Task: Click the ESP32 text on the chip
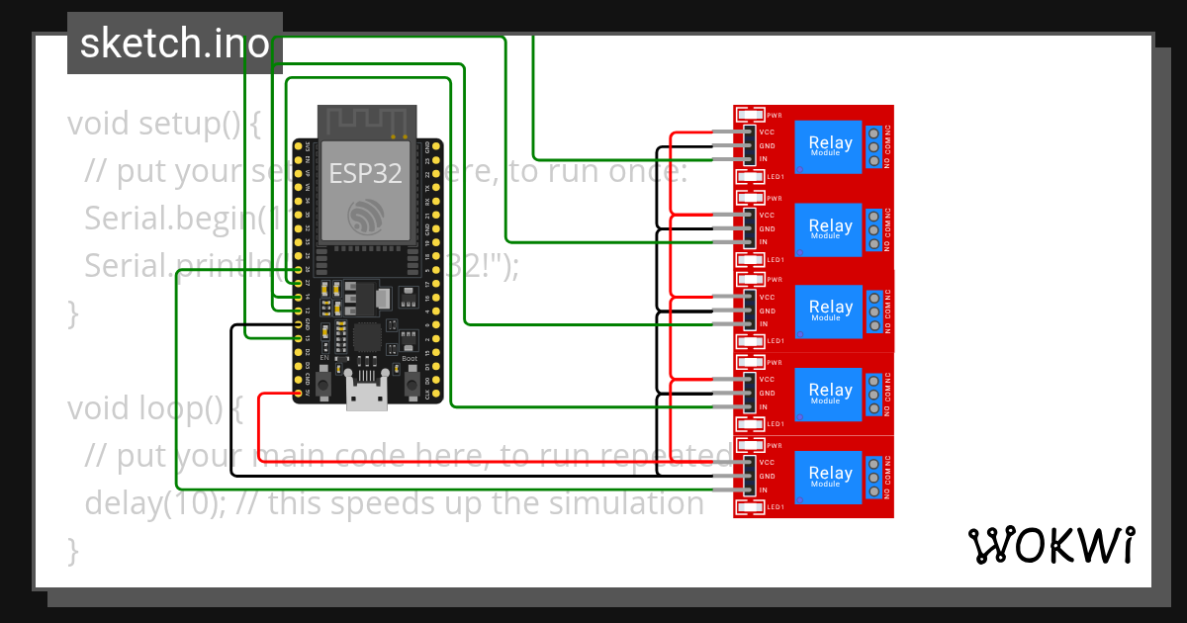coord(365,174)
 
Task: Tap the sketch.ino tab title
coord(174,44)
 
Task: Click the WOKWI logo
coord(1050,546)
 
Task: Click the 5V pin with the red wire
coord(299,394)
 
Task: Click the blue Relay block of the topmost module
coord(830,145)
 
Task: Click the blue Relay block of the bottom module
coord(830,476)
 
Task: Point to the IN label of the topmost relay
coord(764,159)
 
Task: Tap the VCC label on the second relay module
coord(766,215)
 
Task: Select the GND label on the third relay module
coord(766,311)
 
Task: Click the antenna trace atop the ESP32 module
coord(365,120)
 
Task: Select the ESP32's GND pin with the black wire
coord(299,324)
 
